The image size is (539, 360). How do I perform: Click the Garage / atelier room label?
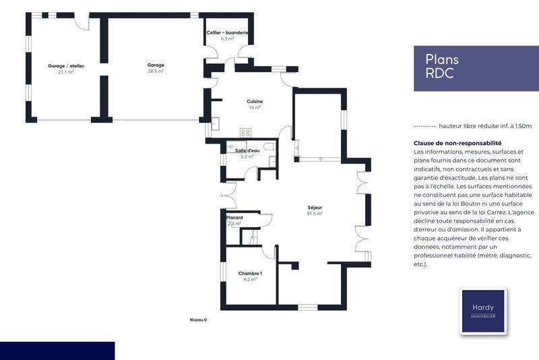coord(65,65)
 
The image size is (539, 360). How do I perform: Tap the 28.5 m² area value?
coord(156,70)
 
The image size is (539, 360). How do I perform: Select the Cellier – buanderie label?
coord(227,33)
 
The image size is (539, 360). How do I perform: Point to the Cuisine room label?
coord(254,101)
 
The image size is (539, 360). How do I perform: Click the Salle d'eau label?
coord(247,150)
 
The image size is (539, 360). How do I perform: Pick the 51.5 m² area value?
coord(315,213)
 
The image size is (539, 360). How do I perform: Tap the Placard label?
coord(234,218)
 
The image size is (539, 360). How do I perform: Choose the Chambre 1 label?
coord(250,273)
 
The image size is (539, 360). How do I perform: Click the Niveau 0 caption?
coord(198,320)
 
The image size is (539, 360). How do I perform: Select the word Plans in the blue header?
coord(441,59)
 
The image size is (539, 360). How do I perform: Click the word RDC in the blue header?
coord(439,73)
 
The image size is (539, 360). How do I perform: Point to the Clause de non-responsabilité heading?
coord(457,143)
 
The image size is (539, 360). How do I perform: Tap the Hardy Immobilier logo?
coord(483,311)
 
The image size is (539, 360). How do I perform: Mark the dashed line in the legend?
coord(424,126)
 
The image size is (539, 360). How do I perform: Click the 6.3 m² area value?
coord(227,38)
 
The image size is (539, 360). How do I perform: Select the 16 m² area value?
coord(254,107)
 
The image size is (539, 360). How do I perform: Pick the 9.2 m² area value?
coord(249,279)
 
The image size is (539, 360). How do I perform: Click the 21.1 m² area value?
coord(65,71)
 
